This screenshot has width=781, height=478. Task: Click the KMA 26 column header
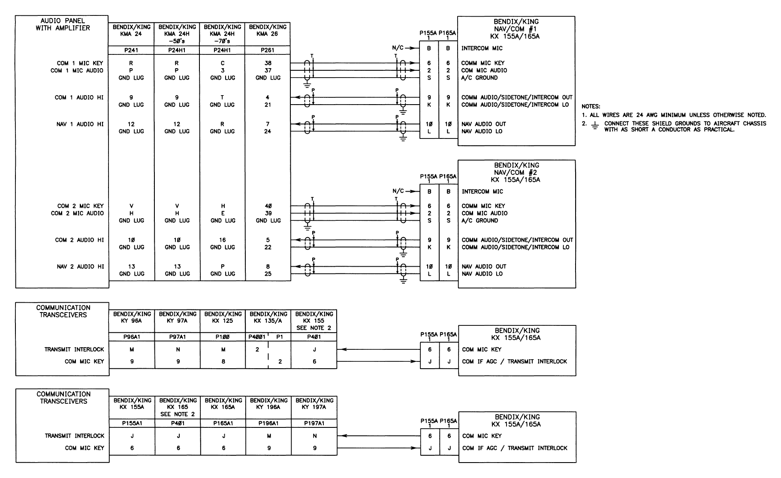(x=268, y=30)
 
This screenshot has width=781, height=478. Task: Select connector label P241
(x=131, y=50)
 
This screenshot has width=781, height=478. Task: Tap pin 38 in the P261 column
(x=268, y=63)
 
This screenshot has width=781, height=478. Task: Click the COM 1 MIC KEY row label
(x=80, y=63)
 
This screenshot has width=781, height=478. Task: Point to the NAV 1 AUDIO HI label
(x=80, y=124)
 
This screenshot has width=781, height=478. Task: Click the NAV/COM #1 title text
(x=516, y=29)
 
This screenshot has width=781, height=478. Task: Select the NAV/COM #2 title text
(x=516, y=172)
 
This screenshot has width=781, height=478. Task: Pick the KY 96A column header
(x=132, y=317)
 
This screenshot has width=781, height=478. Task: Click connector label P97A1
(x=178, y=337)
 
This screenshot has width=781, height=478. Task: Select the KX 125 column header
(x=223, y=317)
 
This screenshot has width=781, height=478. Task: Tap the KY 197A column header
(x=314, y=403)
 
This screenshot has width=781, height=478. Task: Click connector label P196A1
(x=268, y=423)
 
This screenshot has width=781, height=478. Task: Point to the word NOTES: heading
(x=591, y=106)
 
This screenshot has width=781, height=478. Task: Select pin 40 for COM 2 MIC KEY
(x=268, y=206)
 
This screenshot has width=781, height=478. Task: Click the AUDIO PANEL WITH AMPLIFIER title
(x=63, y=24)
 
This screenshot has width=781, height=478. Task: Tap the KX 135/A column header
(x=268, y=317)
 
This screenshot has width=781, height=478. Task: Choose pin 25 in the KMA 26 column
(x=268, y=274)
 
